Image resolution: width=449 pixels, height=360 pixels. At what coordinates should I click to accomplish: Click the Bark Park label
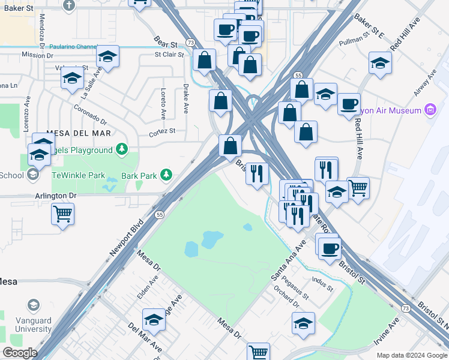click(x=139, y=176)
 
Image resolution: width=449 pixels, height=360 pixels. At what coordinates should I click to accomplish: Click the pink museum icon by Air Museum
click(x=429, y=110)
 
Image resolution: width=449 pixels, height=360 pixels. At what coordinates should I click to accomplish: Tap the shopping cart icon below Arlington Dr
click(x=63, y=212)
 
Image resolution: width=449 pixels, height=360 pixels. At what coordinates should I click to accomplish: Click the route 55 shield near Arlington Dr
click(x=159, y=214)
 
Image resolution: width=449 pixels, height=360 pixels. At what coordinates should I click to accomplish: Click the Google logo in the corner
click(x=19, y=353)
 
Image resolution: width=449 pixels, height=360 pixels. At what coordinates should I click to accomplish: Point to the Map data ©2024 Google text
click(x=411, y=355)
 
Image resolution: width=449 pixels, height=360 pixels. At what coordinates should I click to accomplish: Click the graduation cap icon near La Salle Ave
click(x=72, y=78)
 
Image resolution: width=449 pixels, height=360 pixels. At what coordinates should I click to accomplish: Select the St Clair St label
click(x=169, y=54)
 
